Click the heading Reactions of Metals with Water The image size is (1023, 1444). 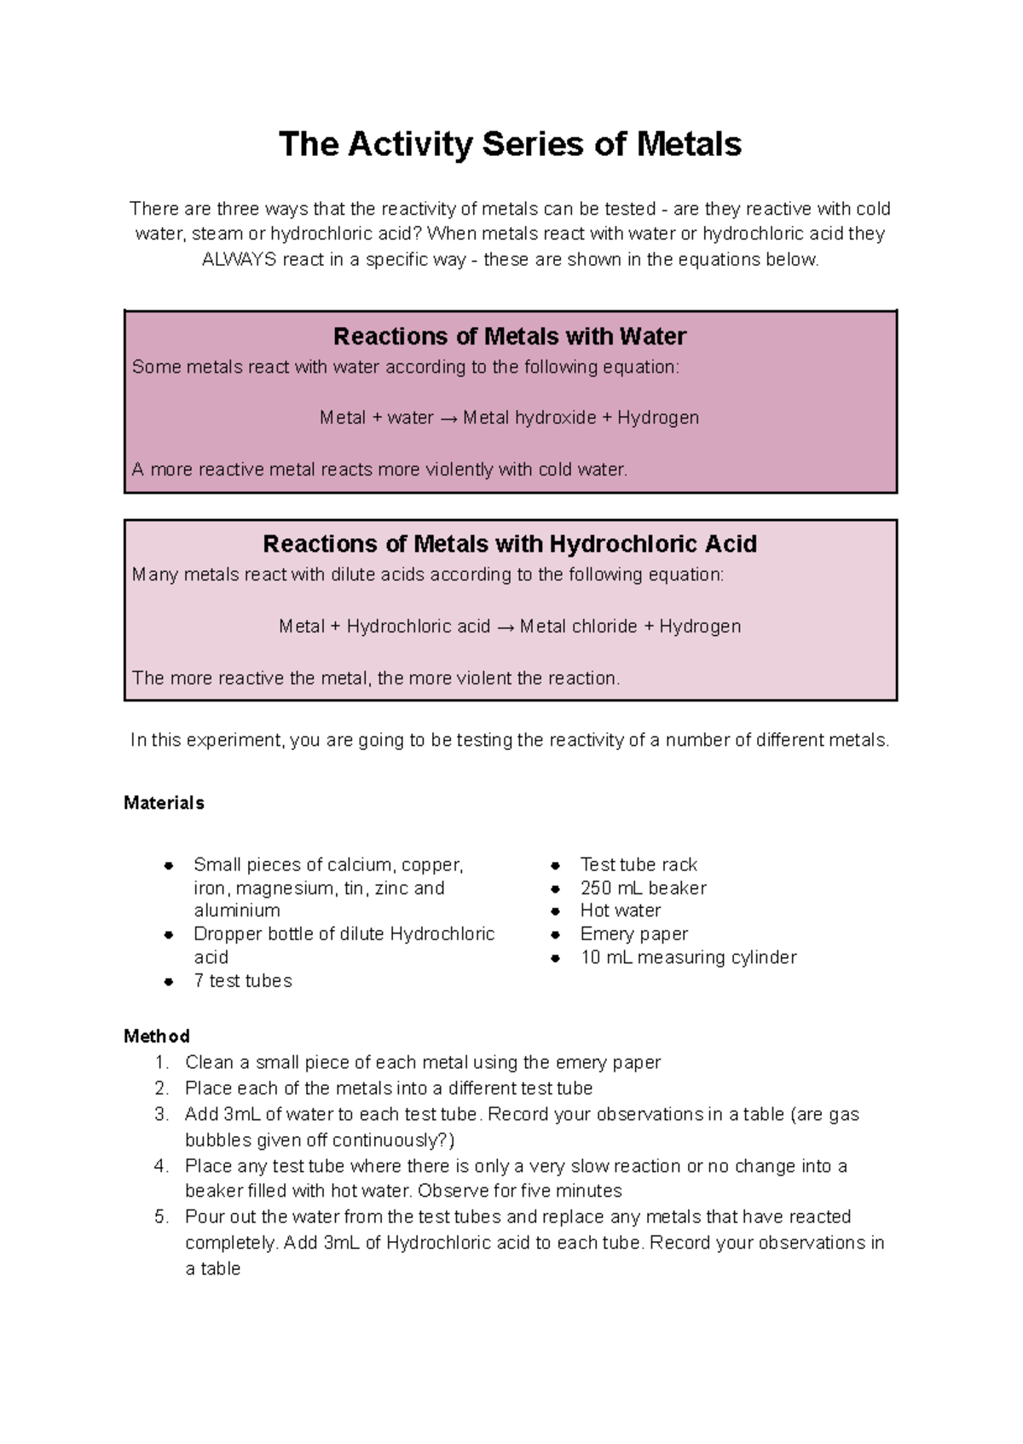tap(510, 337)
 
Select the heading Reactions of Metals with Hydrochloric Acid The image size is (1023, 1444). tap(510, 544)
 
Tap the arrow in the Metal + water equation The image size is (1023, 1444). tap(448, 419)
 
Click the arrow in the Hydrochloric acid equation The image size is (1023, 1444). tap(505, 627)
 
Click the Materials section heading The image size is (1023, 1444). tap(164, 803)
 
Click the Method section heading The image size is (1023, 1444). tap(157, 1037)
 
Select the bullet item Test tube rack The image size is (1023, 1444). tap(639, 864)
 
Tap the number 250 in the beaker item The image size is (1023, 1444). tap(596, 888)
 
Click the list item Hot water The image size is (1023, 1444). tap(621, 910)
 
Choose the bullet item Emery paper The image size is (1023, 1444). tap(634, 934)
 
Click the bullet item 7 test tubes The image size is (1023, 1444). tap(243, 981)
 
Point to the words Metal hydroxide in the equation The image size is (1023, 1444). tap(529, 418)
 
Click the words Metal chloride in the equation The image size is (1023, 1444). tap(579, 627)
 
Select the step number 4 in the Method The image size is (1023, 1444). tap(160, 1166)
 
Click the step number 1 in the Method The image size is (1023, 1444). tap(160, 1063)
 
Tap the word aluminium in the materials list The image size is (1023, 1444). tap(237, 910)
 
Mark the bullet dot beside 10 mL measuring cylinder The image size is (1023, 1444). tap(556, 958)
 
